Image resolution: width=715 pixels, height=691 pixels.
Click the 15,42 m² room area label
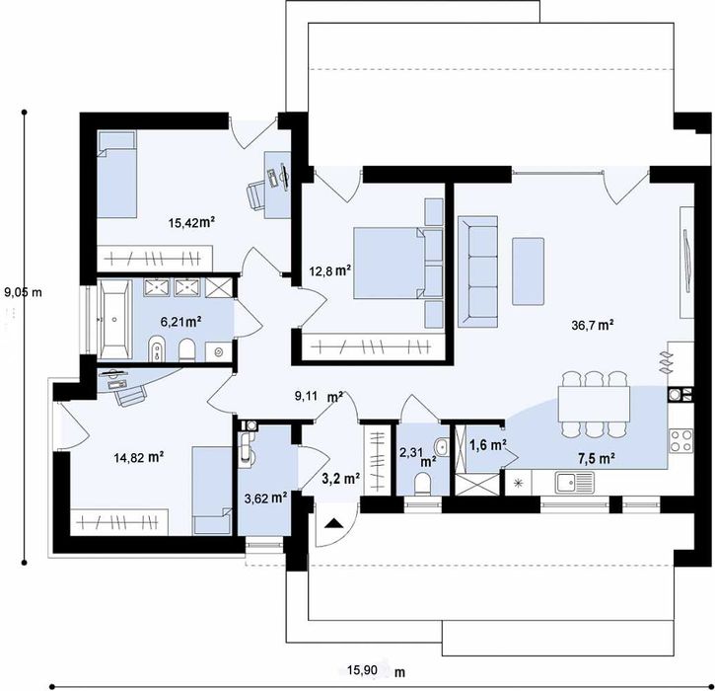tap(191, 223)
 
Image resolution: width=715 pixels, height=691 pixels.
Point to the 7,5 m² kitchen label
tap(596, 458)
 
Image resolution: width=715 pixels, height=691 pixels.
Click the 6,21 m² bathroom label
tap(181, 321)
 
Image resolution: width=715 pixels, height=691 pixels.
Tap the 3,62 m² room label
tap(265, 498)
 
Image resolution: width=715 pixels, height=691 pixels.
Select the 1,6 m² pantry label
tap(486, 445)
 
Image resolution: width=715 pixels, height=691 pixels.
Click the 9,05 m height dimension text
tap(24, 292)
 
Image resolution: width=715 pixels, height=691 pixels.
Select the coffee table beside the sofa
tap(528, 271)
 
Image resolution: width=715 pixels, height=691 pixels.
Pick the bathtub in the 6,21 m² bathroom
tap(114, 318)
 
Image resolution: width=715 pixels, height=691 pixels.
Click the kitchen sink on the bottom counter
tap(573, 482)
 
